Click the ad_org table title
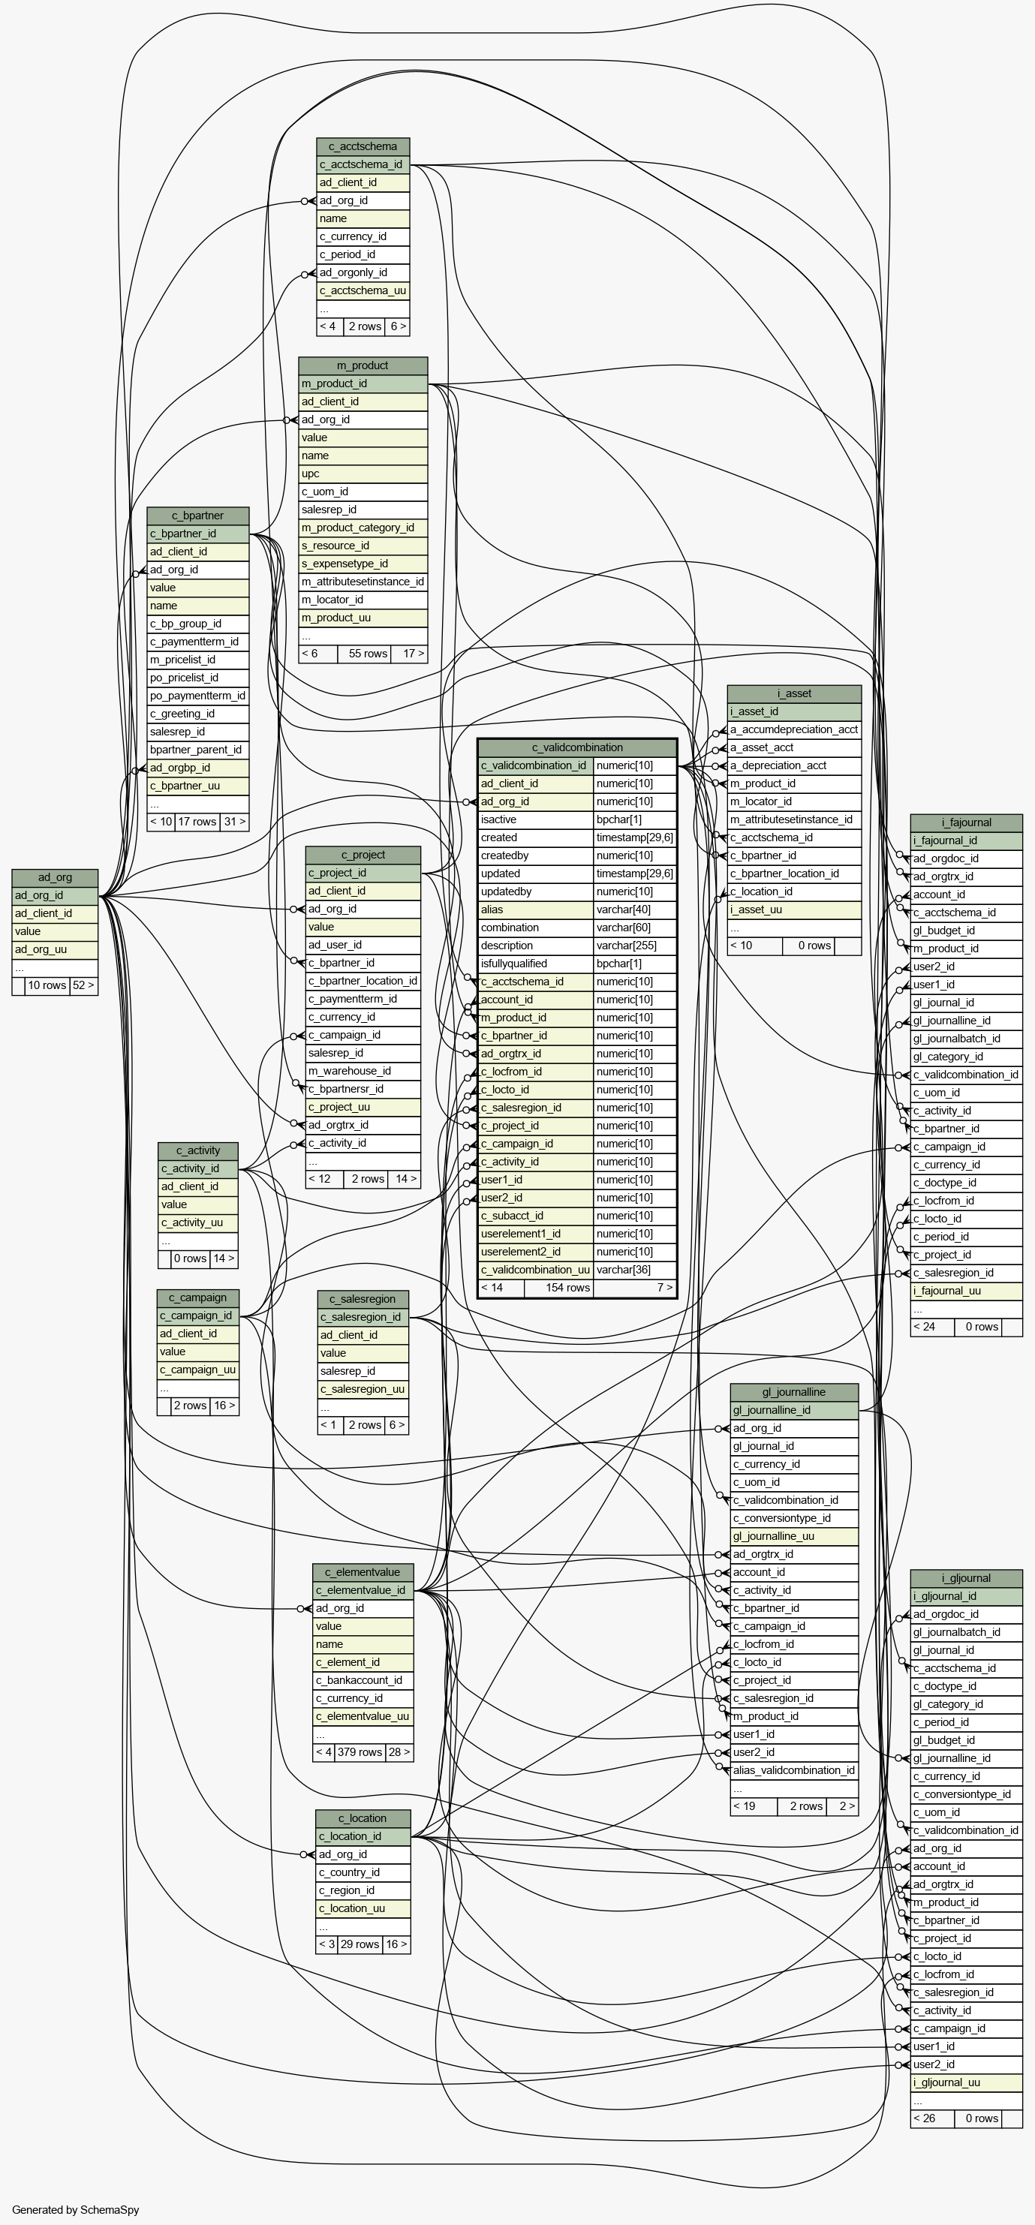[x=55, y=877]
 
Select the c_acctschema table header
[x=363, y=146]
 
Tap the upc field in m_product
[x=363, y=474]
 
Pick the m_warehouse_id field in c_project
[x=363, y=1071]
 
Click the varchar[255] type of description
[x=634, y=946]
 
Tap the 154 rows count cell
[x=567, y=1288]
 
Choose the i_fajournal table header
[x=966, y=822]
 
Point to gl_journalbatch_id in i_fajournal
[x=966, y=1039]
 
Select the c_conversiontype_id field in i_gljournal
[x=966, y=1795]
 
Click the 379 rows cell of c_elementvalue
[x=359, y=1752]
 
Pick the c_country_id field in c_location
[x=363, y=1872]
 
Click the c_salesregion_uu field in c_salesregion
[x=363, y=1390]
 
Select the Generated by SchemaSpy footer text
[x=76, y=2210]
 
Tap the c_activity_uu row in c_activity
[x=198, y=1223]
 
